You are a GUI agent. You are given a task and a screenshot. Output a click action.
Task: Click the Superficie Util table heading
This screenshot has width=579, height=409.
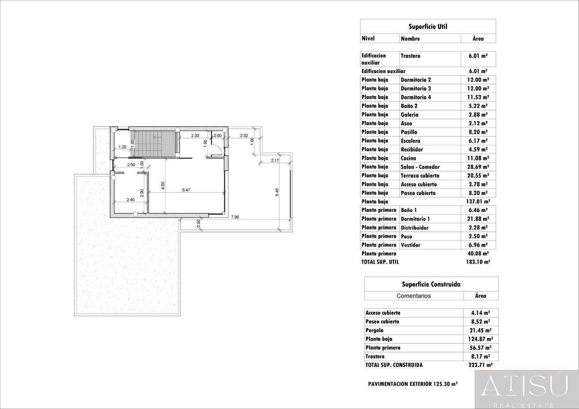click(x=428, y=27)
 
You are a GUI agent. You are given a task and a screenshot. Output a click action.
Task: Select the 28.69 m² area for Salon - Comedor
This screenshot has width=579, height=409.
click(x=478, y=167)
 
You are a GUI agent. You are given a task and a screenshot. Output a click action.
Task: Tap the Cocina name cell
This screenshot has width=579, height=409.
click(x=408, y=158)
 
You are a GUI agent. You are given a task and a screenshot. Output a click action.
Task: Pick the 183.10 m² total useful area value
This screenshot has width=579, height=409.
click(x=478, y=262)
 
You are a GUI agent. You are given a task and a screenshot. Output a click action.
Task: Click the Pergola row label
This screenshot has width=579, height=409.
click(x=374, y=330)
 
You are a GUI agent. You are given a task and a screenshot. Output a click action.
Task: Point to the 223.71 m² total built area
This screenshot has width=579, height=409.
click(x=480, y=365)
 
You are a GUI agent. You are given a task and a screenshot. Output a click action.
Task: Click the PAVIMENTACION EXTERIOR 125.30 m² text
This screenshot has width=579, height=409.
click(x=413, y=384)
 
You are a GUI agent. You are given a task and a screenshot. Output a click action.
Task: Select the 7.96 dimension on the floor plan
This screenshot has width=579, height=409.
click(x=235, y=217)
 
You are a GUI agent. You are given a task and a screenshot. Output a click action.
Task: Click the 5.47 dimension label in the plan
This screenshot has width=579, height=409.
click(x=186, y=190)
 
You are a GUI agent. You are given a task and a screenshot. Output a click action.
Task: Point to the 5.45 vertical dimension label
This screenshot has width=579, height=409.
click(x=277, y=192)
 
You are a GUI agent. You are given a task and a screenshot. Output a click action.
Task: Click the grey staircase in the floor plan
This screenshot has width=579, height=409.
click(x=154, y=144)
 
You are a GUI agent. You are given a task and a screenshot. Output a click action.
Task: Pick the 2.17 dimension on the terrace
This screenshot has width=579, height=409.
click(x=275, y=161)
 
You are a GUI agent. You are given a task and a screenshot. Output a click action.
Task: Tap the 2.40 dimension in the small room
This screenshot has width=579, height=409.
click(x=130, y=200)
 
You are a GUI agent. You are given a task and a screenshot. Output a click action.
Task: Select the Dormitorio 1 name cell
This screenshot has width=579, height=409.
click(x=415, y=219)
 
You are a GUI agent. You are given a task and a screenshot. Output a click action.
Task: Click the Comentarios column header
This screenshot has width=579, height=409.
click(x=413, y=296)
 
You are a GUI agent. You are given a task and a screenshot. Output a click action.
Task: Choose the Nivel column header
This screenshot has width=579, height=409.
click(x=368, y=38)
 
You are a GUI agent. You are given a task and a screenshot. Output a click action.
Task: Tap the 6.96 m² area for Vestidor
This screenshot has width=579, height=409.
click(x=478, y=245)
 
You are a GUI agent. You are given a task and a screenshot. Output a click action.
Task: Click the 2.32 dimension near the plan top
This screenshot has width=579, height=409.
click(x=244, y=136)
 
